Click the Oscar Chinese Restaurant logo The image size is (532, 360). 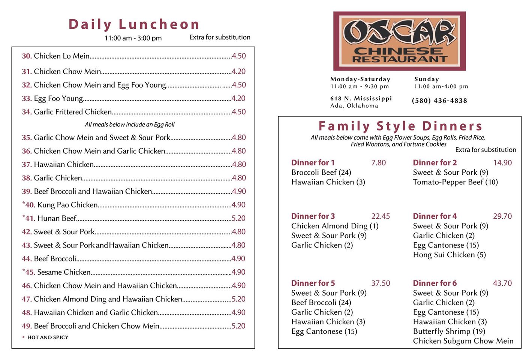[x=399, y=41]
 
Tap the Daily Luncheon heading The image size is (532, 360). [x=133, y=24]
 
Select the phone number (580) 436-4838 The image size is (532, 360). [x=439, y=100]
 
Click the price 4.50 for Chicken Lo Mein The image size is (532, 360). [x=239, y=56]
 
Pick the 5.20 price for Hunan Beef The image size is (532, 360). [x=239, y=218]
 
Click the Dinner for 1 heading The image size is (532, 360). [x=313, y=163]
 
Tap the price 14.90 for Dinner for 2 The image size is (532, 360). [x=502, y=163]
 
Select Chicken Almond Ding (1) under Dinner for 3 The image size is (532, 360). [x=335, y=226]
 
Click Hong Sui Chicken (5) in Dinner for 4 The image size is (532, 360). [x=449, y=255]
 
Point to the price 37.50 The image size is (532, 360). [x=381, y=283]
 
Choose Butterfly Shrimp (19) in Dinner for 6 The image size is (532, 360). [x=449, y=331]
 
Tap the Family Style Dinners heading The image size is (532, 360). [x=400, y=126]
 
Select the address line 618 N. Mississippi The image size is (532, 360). [x=361, y=98]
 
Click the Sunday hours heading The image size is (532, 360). [x=426, y=79]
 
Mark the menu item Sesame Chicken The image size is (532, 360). [x=64, y=272]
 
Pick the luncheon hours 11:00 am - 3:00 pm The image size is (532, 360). [x=133, y=38]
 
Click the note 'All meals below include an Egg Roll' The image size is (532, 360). [x=130, y=124]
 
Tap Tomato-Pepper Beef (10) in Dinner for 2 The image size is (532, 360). [x=455, y=182]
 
